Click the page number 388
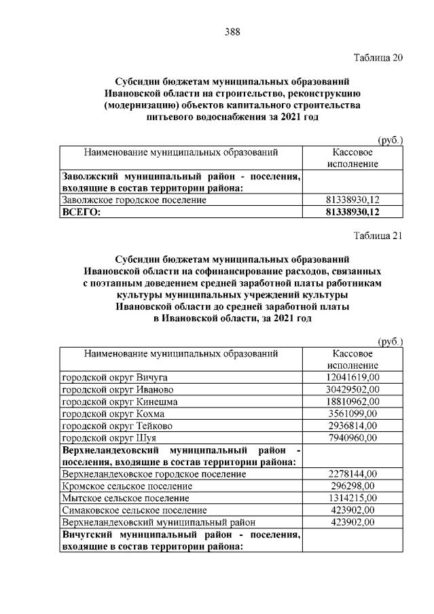(x=232, y=31)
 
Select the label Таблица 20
(x=379, y=57)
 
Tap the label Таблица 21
(x=379, y=236)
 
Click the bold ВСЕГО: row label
(x=81, y=212)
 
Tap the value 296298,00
(x=352, y=486)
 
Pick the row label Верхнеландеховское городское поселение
(x=153, y=474)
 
